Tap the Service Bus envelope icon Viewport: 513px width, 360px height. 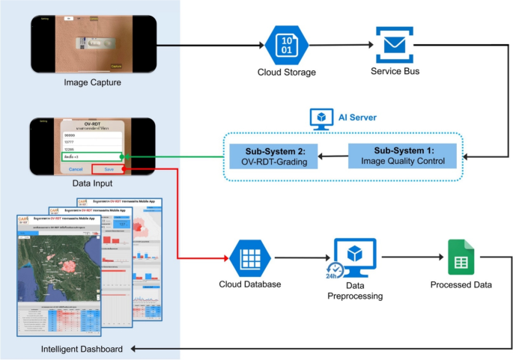(x=395, y=45)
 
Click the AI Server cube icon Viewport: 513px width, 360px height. (x=321, y=118)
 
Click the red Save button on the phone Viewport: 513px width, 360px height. (x=109, y=169)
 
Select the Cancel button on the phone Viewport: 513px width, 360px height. (x=75, y=169)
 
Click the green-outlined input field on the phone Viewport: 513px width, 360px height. (x=92, y=156)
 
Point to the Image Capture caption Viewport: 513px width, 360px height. (x=93, y=82)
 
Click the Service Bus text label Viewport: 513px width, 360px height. (x=395, y=72)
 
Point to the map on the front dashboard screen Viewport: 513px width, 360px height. (x=57, y=263)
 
